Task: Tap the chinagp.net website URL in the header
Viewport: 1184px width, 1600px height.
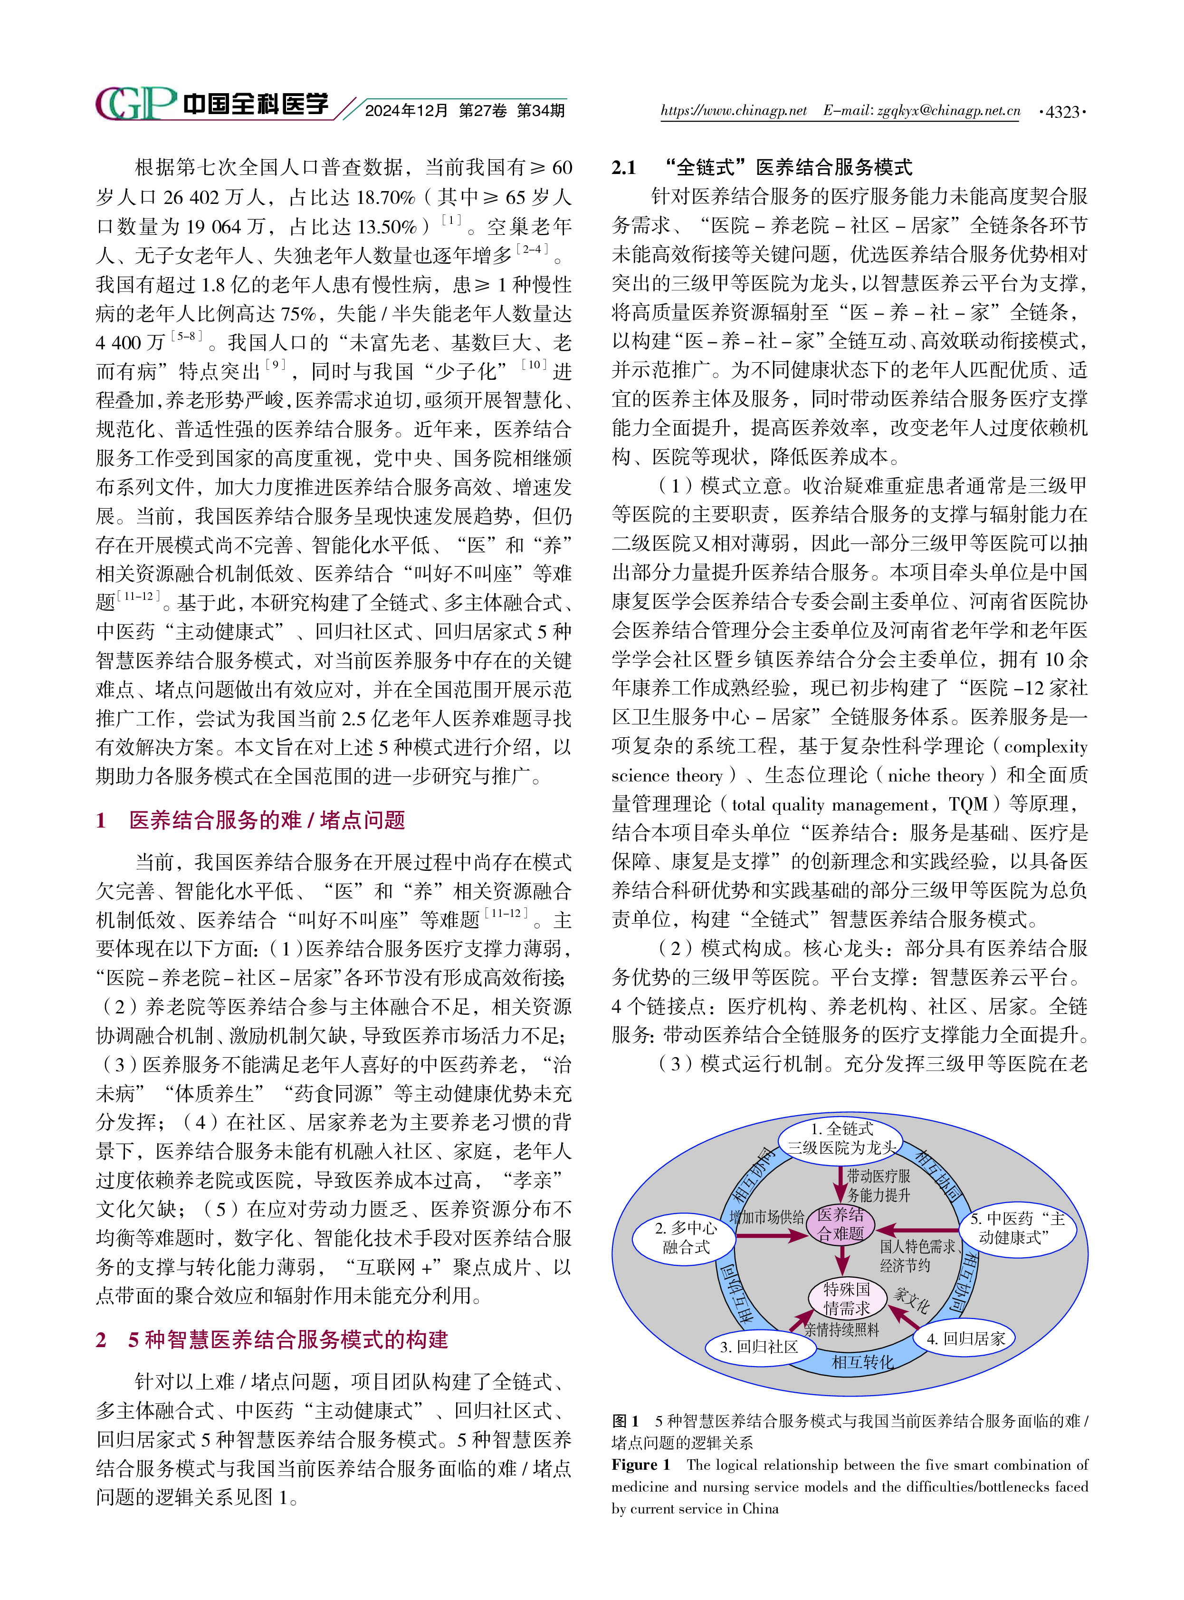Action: click(x=733, y=111)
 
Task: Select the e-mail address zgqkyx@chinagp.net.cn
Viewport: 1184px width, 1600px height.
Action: click(x=946, y=111)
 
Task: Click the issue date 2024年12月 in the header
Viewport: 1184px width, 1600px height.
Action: click(x=406, y=111)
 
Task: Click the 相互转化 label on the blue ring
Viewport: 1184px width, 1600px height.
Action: click(x=862, y=1361)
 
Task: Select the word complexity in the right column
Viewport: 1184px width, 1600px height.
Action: click(x=1045, y=747)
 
